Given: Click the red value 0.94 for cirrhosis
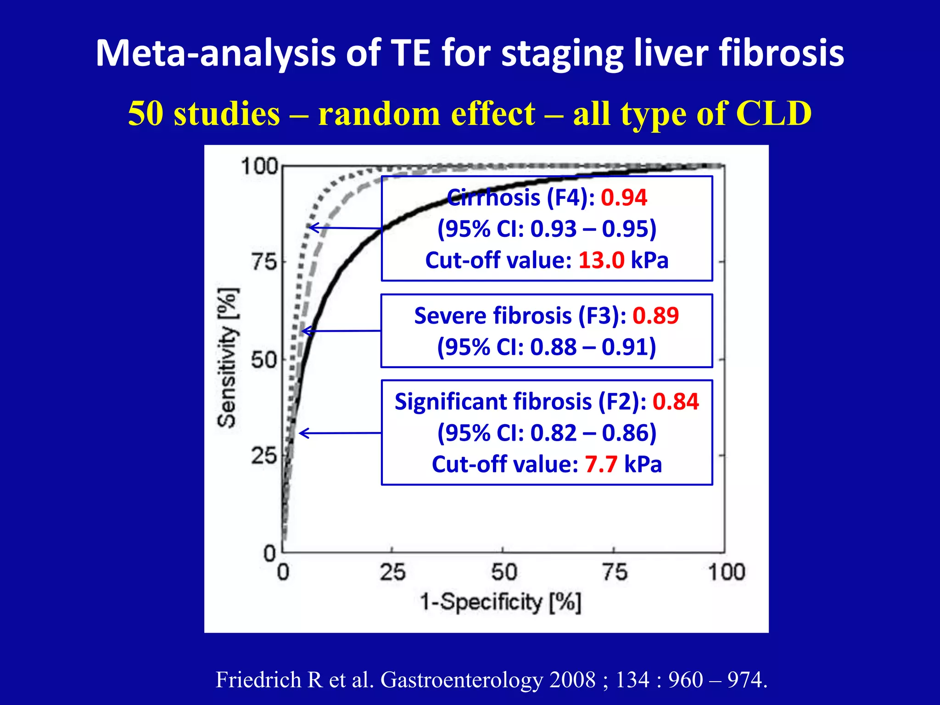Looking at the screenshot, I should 624,198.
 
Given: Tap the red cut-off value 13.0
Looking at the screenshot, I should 601,260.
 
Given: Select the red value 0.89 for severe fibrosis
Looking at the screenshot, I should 655,316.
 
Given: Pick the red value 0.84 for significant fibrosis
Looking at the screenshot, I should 676,402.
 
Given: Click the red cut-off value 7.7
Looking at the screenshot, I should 601,464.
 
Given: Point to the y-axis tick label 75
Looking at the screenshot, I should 264,263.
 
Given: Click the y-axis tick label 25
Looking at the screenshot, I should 264,456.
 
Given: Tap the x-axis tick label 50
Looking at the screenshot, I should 504,572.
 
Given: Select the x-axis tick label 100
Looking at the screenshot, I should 726,572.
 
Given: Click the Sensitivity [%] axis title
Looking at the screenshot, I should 228,358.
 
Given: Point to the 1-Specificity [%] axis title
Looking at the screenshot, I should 501,602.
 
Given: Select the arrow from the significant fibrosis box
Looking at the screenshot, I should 340,433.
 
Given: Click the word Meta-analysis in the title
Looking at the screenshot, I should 215,54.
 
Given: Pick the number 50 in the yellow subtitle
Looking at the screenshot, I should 145,113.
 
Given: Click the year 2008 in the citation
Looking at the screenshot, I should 572,680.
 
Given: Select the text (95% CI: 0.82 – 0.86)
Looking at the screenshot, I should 547,433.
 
